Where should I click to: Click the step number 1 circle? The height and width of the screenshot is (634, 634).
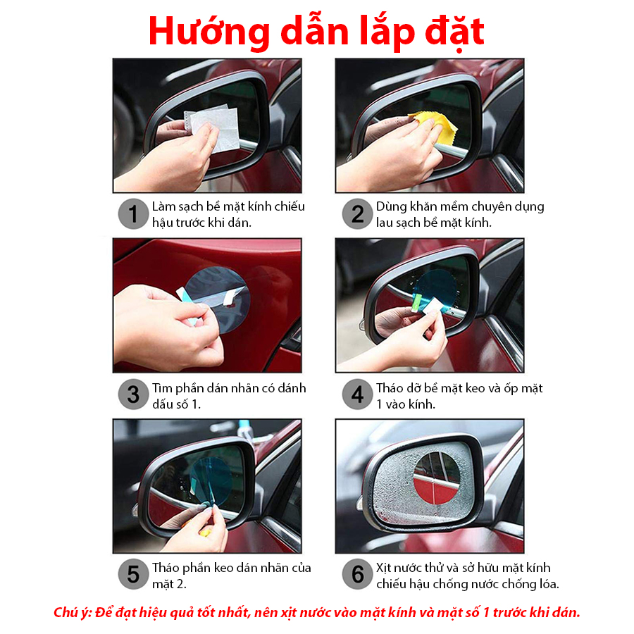click(x=133, y=214)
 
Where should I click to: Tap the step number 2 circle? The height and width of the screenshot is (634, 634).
click(x=357, y=214)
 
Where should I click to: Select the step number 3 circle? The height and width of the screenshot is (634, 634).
click(x=133, y=394)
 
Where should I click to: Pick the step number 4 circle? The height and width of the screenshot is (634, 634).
click(x=357, y=394)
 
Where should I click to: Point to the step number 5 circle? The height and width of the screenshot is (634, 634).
click(x=133, y=574)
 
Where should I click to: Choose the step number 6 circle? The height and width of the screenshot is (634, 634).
click(x=357, y=574)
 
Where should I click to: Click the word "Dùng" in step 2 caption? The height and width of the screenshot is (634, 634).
click(x=391, y=206)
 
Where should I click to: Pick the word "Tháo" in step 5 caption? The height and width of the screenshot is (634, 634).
click(x=166, y=568)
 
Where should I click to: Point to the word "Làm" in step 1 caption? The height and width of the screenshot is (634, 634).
click(x=164, y=206)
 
